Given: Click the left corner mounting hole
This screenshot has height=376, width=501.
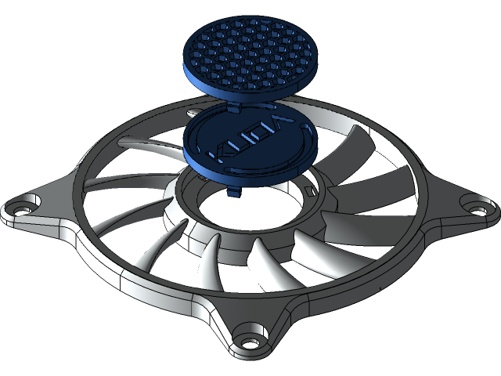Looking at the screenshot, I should coord(18,210).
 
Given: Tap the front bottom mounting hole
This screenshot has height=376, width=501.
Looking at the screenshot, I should coord(250,341).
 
